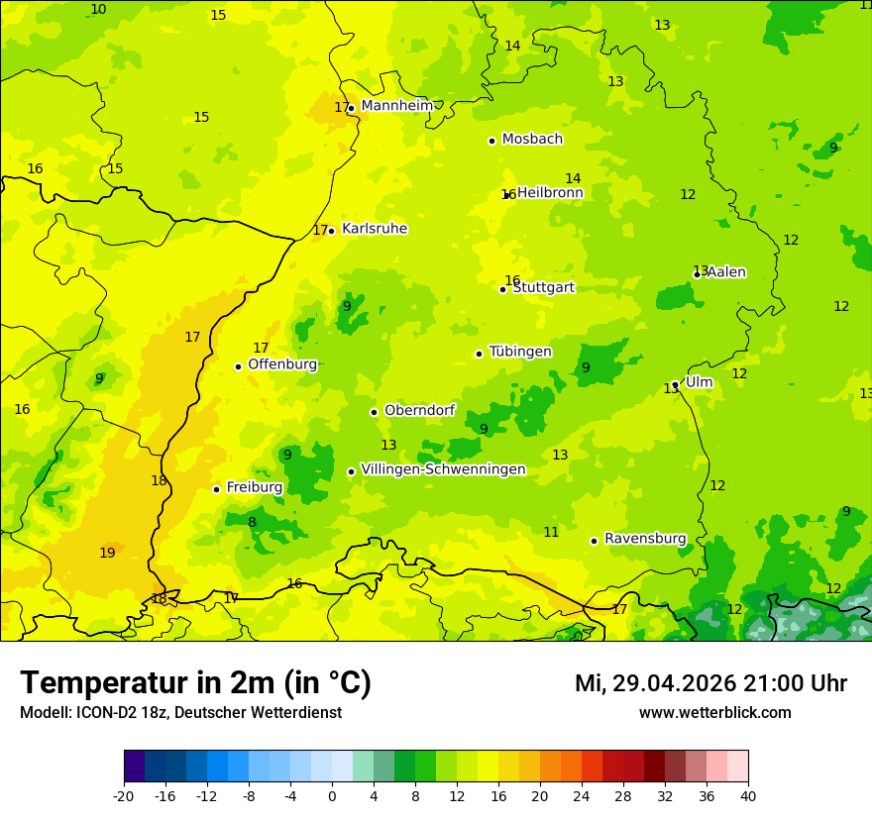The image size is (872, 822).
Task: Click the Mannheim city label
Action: (x=396, y=106)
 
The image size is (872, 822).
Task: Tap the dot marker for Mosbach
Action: (x=491, y=141)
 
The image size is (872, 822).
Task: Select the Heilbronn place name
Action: (x=550, y=193)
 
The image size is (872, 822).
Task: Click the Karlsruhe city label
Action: (x=375, y=229)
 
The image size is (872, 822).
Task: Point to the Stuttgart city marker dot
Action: (x=502, y=289)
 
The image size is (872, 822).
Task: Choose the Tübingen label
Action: (x=520, y=352)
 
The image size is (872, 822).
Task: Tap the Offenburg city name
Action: (x=282, y=364)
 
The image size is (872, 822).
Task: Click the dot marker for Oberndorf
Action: (x=374, y=412)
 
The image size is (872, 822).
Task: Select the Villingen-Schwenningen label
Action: (x=443, y=469)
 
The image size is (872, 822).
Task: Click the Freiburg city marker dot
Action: (x=216, y=489)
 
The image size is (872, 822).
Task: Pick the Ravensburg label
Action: (x=645, y=539)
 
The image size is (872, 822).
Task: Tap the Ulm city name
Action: (x=699, y=382)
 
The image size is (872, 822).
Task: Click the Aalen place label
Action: (x=726, y=272)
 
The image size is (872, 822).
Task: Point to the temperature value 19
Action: (x=107, y=553)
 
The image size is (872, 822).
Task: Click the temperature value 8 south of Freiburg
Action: (x=252, y=522)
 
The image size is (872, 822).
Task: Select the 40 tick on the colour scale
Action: (x=747, y=795)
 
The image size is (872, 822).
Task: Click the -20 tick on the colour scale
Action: (x=124, y=795)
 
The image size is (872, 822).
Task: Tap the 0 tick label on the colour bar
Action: (x=332, y=795)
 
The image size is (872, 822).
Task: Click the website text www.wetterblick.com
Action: (x=714, y=713)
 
